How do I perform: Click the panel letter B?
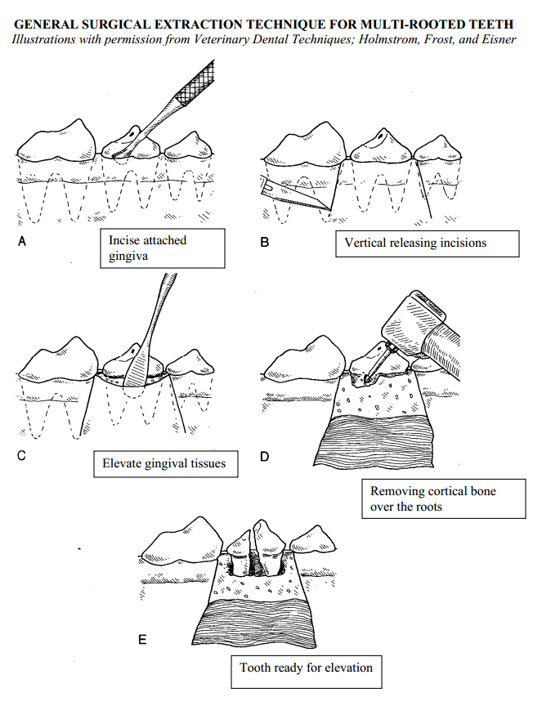point(264,242)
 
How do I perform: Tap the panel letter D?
point(264,456)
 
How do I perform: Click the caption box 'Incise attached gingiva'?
point(166,248)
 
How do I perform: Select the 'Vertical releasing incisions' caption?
point(427,244)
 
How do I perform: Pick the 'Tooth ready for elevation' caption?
point(306,668)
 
